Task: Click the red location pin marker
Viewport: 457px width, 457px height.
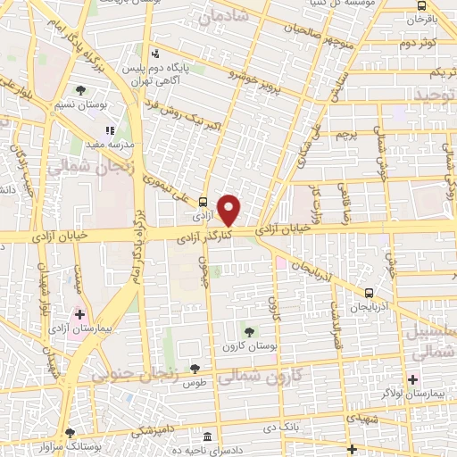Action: [x=230, y=210]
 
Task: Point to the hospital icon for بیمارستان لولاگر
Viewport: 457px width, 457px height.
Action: [x=413, y=379]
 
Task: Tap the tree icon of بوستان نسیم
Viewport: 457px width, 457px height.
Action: [x=80, y=90]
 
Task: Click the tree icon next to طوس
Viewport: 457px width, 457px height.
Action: [x=194, y=369]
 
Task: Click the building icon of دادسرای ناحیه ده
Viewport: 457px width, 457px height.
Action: [x=208, y=437]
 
